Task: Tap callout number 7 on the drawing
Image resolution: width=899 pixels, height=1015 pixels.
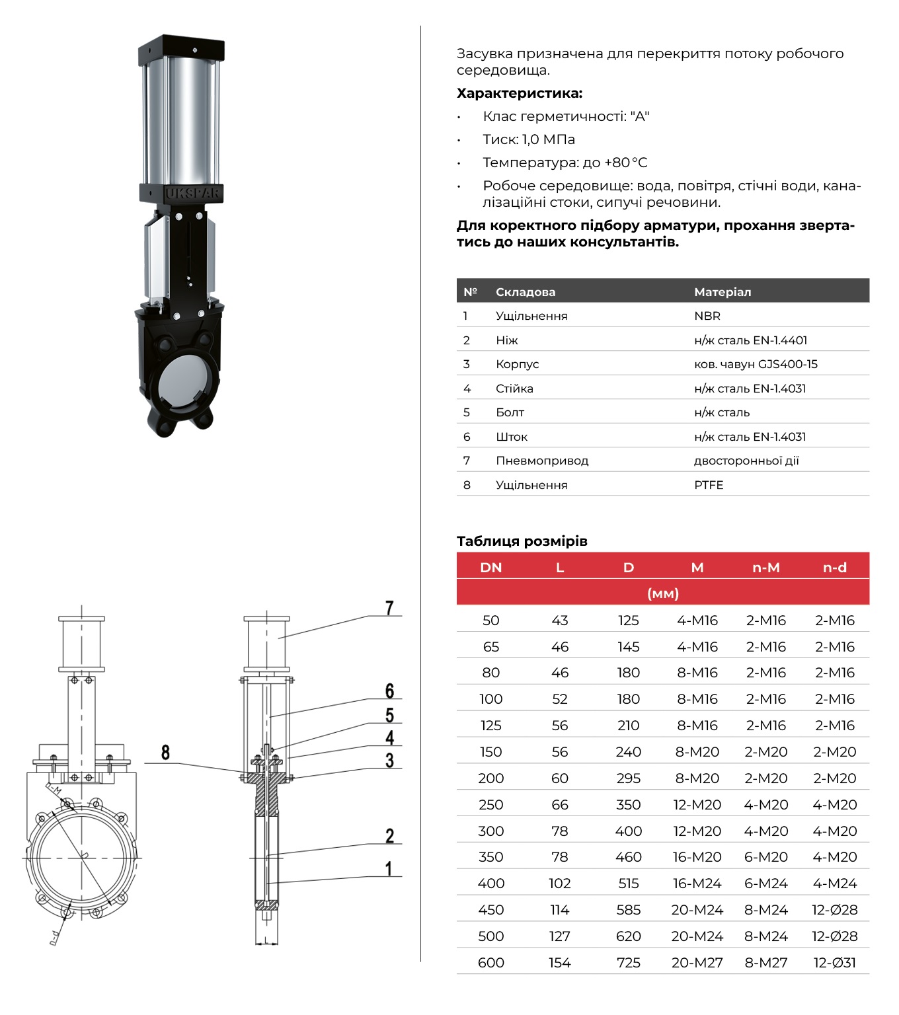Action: (389, 608)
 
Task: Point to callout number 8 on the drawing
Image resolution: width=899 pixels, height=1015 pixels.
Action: (165, 752)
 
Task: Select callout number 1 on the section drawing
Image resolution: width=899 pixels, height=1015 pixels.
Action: (389, 868)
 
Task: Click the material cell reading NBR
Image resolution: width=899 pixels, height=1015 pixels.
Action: (707, 316)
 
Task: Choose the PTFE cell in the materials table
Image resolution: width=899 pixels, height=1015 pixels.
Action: (708, 485)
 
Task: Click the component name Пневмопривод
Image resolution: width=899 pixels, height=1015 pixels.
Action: (541, 461)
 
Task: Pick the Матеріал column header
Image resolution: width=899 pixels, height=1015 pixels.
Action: (722, 291)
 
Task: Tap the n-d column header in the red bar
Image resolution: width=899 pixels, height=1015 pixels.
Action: (834, 567)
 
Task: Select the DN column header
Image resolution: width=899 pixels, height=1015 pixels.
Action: (490, 567)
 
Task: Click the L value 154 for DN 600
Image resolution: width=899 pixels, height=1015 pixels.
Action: (559, 963)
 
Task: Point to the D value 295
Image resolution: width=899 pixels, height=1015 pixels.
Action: (628, 778)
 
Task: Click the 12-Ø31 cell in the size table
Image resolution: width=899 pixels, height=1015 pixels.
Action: (834, 963)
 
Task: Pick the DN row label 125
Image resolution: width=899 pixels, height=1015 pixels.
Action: (490, 726)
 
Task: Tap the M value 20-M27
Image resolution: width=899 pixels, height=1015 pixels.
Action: (697, 963)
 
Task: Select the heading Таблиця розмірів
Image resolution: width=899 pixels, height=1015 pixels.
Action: (522, 541)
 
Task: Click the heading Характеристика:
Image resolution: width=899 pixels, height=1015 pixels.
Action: (519, 93)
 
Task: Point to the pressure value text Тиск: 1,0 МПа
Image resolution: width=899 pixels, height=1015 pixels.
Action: (528, 139)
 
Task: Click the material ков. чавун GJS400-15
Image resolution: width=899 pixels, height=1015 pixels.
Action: (756, 364)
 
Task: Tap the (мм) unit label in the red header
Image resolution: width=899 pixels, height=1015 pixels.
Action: (662, 593)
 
